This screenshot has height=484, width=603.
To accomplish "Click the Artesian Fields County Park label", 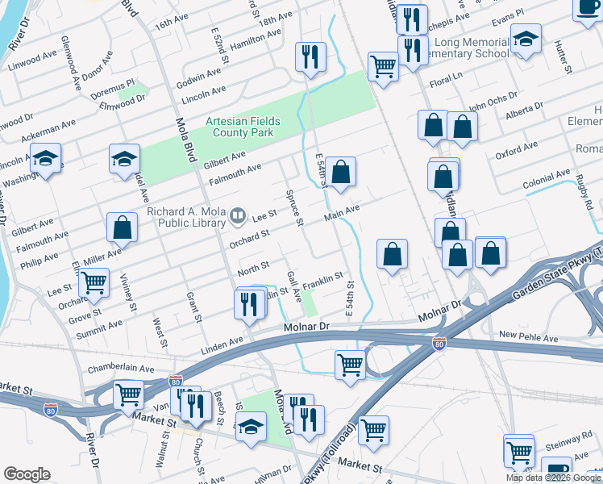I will pos(243,127).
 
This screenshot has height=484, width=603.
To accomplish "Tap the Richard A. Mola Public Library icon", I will pos(237,215).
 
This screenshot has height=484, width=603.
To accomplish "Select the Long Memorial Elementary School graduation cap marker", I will pos(526,40).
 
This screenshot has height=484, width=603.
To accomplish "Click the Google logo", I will pos(27,474).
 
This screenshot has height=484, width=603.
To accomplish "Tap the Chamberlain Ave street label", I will pos(120,368).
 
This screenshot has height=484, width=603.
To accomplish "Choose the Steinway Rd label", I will pos(575,441).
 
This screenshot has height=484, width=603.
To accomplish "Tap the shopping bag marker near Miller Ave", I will pos(122,228).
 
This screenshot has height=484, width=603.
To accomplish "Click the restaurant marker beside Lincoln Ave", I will pos(309,57).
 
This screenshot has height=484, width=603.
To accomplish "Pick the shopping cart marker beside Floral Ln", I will pos(383,66).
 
